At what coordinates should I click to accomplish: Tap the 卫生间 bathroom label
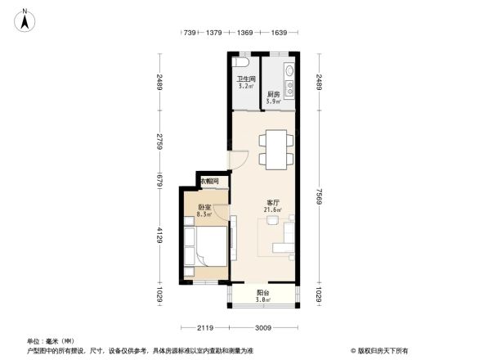(x=244, y=80)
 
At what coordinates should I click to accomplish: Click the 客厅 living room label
(x=273, y=204)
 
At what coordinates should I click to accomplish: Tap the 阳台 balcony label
(x=263, y=292)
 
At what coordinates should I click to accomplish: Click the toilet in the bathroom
(x=241, y=62)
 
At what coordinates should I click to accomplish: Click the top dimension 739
(x=190, y=33)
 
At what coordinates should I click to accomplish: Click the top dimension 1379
(x=215, y=33)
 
